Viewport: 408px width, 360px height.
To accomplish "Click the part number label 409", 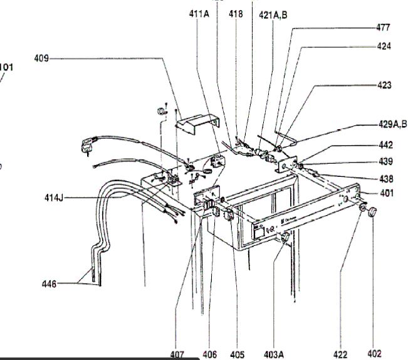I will click(41, 60).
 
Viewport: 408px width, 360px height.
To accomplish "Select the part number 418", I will click(236, 14).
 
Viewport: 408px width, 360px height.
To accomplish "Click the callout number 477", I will click(383, 28).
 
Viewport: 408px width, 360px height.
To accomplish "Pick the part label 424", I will click(384, 46).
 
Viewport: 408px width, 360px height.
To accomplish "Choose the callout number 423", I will click(384, 85).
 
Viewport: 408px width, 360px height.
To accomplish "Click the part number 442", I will click(385, 144).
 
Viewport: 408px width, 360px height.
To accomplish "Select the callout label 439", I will click(385, 161).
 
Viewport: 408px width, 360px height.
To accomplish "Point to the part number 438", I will click(385, 177).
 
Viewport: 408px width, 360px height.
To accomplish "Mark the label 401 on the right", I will click(387, 193).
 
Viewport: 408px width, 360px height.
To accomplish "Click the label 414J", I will click(54, 198).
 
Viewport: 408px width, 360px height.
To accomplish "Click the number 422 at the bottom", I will click(340, 354).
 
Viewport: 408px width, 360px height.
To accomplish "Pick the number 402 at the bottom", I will click(374, 354).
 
